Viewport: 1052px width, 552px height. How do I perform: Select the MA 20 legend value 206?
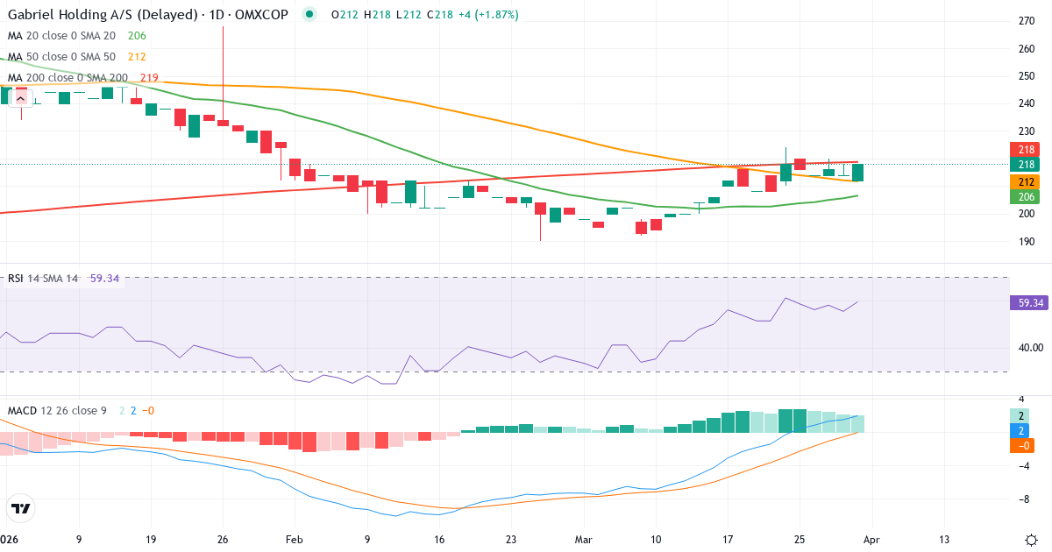point(137,36)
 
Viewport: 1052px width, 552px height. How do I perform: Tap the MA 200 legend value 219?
point(149,78)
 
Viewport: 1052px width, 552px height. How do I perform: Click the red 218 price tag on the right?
point(1027,150)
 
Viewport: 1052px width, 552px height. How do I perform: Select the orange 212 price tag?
point(1027,181)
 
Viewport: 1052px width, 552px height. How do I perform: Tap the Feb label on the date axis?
point(295,540)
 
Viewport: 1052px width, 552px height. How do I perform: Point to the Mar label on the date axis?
point(583,540)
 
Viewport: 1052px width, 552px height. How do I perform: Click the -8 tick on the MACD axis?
point(1021,499)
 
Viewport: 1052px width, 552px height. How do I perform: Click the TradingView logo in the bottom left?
point(21,508)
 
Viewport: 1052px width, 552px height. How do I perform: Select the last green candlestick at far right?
point(858,173)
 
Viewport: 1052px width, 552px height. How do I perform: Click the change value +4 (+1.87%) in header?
point(485,15)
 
